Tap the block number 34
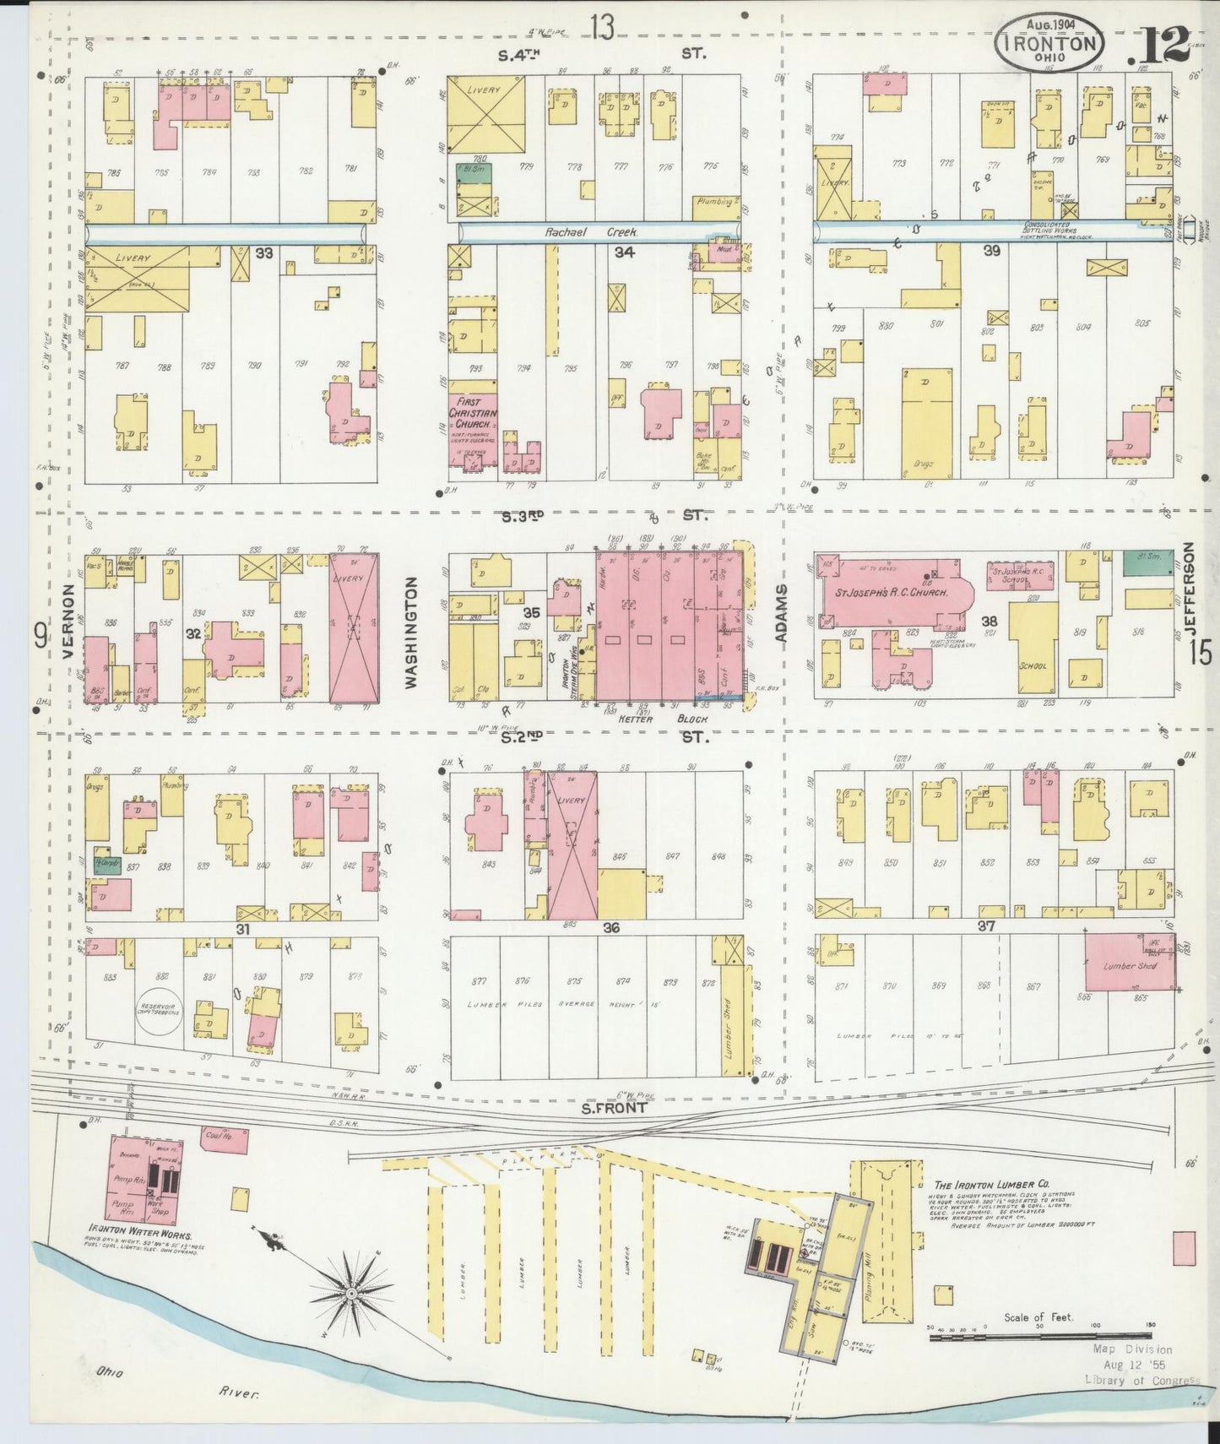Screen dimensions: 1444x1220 pyautogui.click(x=625, y=252)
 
